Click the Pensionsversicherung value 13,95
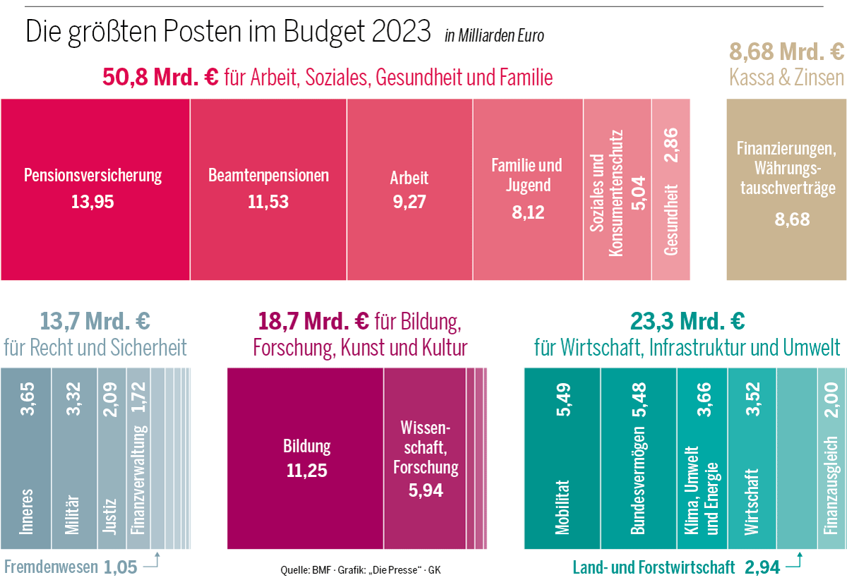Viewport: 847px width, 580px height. (x=92, y=203)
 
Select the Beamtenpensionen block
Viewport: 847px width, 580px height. (x=268, y=189)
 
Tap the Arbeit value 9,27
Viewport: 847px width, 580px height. (x=409, y=203)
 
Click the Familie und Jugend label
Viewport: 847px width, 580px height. (x=527, y=175)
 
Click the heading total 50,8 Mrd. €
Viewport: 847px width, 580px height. (x=161, y=77)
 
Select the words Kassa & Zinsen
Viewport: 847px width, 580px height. (x=786, y=77)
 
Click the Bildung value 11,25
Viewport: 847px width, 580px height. (x=306, y=471)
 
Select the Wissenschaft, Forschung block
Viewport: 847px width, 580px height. (x=425, y=459)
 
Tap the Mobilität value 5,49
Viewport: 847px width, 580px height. (x=563, y=399)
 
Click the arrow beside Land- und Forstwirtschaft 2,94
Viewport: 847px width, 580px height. (x=795, y=562)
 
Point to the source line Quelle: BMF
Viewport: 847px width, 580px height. (x=360, y=570)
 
